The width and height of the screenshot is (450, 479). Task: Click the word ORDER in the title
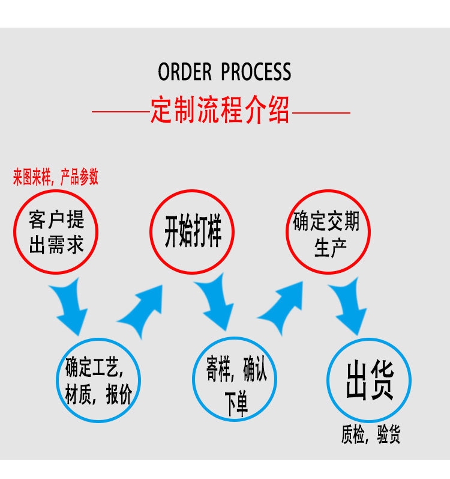pos(185,72)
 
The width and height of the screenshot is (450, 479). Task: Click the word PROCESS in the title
pos(256,72)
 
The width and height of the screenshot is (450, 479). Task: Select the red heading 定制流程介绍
pos(220,110)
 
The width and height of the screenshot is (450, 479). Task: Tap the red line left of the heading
pos(120,112)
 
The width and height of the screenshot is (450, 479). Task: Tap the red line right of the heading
pos(320,112)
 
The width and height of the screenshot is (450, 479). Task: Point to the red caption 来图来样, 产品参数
pos(56,177)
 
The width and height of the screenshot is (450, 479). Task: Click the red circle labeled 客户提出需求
pos(56,231)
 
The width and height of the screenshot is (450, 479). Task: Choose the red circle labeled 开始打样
pos(192,231)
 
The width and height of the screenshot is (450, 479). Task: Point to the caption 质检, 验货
pos(371,435)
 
